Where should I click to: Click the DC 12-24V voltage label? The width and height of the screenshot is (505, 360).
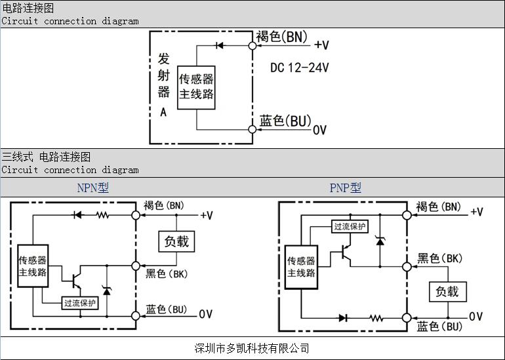click(x=300, y=68)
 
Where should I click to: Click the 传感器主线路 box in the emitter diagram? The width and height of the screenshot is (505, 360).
click(x=197, y=87)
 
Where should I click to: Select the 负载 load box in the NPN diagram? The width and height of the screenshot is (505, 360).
click(x=176, y=241)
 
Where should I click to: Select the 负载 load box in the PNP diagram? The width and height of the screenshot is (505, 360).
click(x=447, y=291)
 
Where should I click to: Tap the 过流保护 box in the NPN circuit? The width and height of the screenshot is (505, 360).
click(x=80, y=303)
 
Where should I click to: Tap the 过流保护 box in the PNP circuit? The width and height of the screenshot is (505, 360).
click(x=350, y=226)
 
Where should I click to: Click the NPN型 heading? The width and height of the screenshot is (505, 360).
click(x=92, y=188)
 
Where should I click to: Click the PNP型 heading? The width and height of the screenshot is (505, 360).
click(x=345, y=188)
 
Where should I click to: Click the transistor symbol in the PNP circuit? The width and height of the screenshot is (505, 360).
click(x=344, y=255)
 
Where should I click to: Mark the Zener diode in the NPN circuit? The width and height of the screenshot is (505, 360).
click(x=106, y=290)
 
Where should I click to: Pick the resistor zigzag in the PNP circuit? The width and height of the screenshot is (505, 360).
click(x=375, y=318)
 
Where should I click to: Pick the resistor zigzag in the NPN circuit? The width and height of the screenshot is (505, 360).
click(x=102, y=214)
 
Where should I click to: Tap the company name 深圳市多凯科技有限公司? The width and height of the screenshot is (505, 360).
click(x=252, y=348)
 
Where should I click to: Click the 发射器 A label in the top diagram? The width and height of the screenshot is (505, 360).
click(x=164, y=84)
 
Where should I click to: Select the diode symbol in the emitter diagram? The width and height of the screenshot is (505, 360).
click(x=220, y=45)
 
